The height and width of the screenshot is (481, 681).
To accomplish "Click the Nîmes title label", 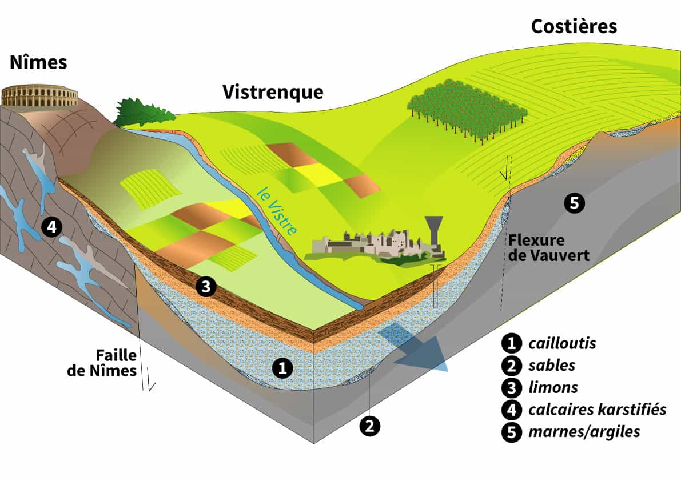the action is (38, 62).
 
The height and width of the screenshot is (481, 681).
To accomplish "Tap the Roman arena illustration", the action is (39, 96).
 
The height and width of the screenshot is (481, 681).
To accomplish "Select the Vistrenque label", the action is (273, 92).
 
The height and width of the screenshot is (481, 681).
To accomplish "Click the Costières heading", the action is (574, 26).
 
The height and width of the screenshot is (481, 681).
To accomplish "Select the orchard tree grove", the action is (467, 110).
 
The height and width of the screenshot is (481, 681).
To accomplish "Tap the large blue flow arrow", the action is (413, 347).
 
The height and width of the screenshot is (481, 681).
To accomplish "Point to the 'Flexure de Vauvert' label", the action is (548, 247).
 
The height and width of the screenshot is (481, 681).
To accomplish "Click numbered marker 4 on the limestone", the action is (51, 226).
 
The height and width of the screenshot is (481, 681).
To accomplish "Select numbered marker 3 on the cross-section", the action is (206, 286).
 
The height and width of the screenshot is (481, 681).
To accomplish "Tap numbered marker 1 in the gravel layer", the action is (282, 368).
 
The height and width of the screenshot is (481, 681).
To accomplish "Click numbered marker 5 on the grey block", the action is (574, 203).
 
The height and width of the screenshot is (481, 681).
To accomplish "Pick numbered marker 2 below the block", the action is (369, 426).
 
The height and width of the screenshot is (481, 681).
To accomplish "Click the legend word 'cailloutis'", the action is (562, 343).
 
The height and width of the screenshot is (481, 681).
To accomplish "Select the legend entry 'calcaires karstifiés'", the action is (597, 410).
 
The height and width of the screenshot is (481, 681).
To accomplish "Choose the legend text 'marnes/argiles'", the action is (584, 432).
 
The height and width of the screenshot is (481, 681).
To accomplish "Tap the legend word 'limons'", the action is (553, 387).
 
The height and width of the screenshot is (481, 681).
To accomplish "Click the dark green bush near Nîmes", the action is (144, 112).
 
